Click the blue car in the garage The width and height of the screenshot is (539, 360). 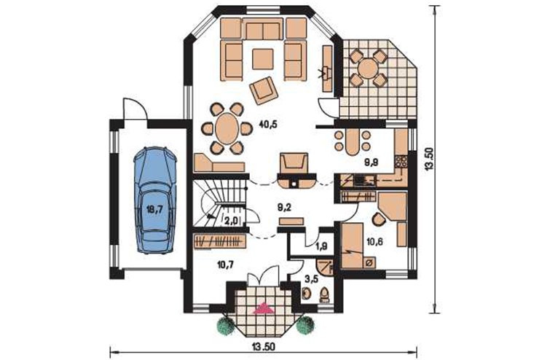pos(154,200)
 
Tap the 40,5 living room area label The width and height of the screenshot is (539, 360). pos(268,125)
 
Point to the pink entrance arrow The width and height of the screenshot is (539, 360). pos(264,308)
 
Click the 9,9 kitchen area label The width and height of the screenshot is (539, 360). pos(371,163)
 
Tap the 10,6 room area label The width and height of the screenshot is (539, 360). pos(375,242)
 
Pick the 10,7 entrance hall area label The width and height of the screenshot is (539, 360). pos(226,264)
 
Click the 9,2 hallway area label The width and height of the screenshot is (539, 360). pos(284,207)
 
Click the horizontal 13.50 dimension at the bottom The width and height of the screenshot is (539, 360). pos(264,347)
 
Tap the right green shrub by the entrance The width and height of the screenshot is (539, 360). pos(306,324)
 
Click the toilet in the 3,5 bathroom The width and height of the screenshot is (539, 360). pos(325,295)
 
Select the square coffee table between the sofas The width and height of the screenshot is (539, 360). pos(263,59)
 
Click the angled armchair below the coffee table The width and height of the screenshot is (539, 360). pos(264,90)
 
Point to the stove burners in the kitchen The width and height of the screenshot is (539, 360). pos(401,162)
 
